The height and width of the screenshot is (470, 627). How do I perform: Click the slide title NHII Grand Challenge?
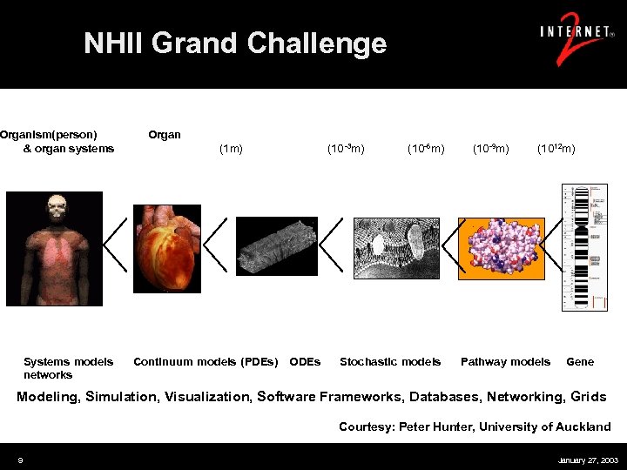(234, 43)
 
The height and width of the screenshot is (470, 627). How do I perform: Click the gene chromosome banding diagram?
(584, 247)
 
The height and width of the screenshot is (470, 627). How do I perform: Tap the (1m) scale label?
(230, 149)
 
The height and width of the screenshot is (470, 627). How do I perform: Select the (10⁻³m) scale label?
(346, 149)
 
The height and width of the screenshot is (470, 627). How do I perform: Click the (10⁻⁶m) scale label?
(426, 149)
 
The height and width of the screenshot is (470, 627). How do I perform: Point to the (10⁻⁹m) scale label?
(491, 149)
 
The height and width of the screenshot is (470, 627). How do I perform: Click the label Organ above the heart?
(165, 135)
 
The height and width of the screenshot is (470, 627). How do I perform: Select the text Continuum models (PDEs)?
(206, 361)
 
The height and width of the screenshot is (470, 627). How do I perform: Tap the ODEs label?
(305, 361)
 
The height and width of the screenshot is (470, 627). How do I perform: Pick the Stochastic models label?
(390, 361)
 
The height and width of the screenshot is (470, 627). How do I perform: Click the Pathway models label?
(505, 361)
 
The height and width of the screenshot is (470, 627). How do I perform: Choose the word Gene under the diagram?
(580, 361)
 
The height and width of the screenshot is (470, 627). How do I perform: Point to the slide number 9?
(20, 460)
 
